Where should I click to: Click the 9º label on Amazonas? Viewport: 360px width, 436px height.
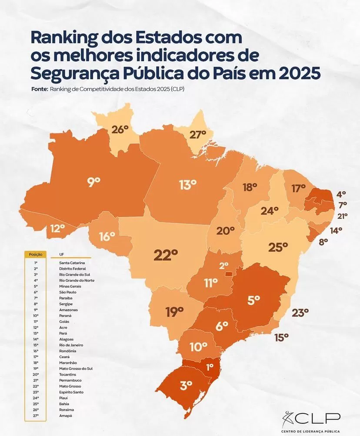coord(94,182)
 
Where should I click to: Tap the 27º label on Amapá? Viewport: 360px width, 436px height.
coord(197,135)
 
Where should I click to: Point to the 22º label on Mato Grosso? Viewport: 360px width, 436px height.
coord(166,255)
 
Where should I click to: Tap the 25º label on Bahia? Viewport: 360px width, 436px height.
coord(278,247)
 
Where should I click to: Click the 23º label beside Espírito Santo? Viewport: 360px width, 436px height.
coord(300,312)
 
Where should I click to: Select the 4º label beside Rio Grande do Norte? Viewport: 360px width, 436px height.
coord(341,194)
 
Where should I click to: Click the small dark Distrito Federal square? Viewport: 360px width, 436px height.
coord(228,274)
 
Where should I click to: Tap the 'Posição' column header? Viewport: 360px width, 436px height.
coord(36,254)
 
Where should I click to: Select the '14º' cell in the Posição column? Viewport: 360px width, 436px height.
coord(36,339)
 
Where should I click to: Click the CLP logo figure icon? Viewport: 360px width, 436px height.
coord(288,419)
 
